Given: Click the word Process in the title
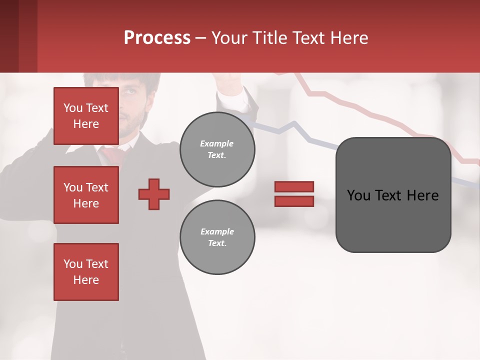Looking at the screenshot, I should (x=157, y=38).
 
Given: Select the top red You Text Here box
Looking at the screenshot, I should (x=86, y=116).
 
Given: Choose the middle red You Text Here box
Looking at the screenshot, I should (x=86, y=195).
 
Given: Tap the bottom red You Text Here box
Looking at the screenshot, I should (x=86, y=272).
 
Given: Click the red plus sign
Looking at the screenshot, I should (x=154, y=194).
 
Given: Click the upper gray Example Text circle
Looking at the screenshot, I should (x=217, y=149).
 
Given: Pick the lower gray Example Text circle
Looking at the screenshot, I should (x=217, y=237).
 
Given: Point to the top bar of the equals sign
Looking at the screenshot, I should (x=294, y=186).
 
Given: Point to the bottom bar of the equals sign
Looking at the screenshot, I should (x=294, y=201).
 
